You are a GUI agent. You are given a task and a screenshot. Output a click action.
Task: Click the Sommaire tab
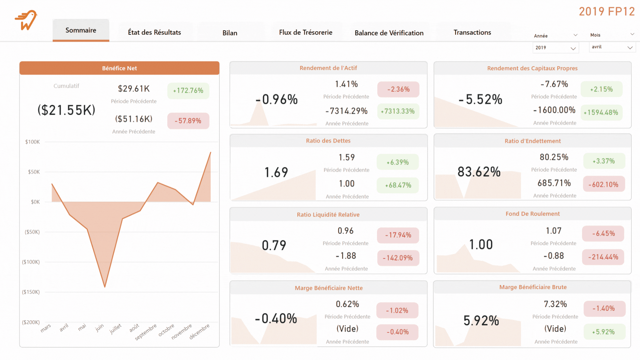point(81,30)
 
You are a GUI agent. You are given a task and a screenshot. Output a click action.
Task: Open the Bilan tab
point(230,33)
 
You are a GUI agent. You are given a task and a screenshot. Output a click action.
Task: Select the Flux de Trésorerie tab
point(305,32)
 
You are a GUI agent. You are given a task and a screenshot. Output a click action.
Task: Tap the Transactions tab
point(472,32)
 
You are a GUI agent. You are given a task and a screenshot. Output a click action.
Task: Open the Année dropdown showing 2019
point(555,48)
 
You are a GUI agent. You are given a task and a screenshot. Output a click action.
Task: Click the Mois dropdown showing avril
point(612,47)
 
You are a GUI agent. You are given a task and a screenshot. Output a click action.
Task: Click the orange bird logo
point(26,20)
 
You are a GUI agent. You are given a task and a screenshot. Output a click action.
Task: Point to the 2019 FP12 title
point(606,12)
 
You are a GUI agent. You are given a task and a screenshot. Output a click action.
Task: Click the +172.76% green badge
point(188,91)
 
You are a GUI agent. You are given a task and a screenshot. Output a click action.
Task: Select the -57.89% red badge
point(188,121)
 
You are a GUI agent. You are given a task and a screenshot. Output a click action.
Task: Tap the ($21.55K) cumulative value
point(66,110)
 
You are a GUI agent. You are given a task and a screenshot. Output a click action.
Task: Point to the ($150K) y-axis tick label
point(31,292)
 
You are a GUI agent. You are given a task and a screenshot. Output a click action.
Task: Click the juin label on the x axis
point(99,328)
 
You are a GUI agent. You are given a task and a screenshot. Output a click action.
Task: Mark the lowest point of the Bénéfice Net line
point(105,287)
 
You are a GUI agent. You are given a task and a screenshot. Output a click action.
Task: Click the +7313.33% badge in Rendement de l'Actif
point(398,111)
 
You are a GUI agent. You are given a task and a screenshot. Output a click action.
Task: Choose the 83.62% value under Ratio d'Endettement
point(479,172)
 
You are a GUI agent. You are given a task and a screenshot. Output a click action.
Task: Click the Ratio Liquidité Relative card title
point(328,215)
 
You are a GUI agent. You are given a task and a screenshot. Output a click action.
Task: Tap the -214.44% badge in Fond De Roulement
point(603,257)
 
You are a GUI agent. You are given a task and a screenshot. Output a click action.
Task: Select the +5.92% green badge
point(604,332)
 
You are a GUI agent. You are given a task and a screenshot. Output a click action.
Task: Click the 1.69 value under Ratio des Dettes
point(276,172)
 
